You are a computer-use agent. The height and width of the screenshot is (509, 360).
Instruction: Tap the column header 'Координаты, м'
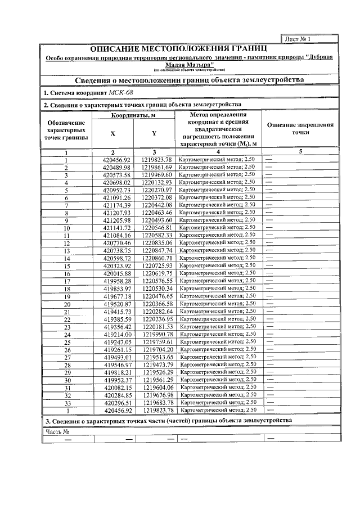(133, 115)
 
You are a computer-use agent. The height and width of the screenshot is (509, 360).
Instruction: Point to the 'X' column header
(112, 134)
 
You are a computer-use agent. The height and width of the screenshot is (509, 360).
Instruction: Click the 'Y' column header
(154, 134)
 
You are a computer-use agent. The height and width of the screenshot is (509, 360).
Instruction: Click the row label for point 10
(66, 228)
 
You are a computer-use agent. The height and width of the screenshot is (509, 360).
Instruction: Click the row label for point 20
(66, 304)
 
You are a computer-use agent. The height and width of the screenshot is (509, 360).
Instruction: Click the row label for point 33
(66, 403)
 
